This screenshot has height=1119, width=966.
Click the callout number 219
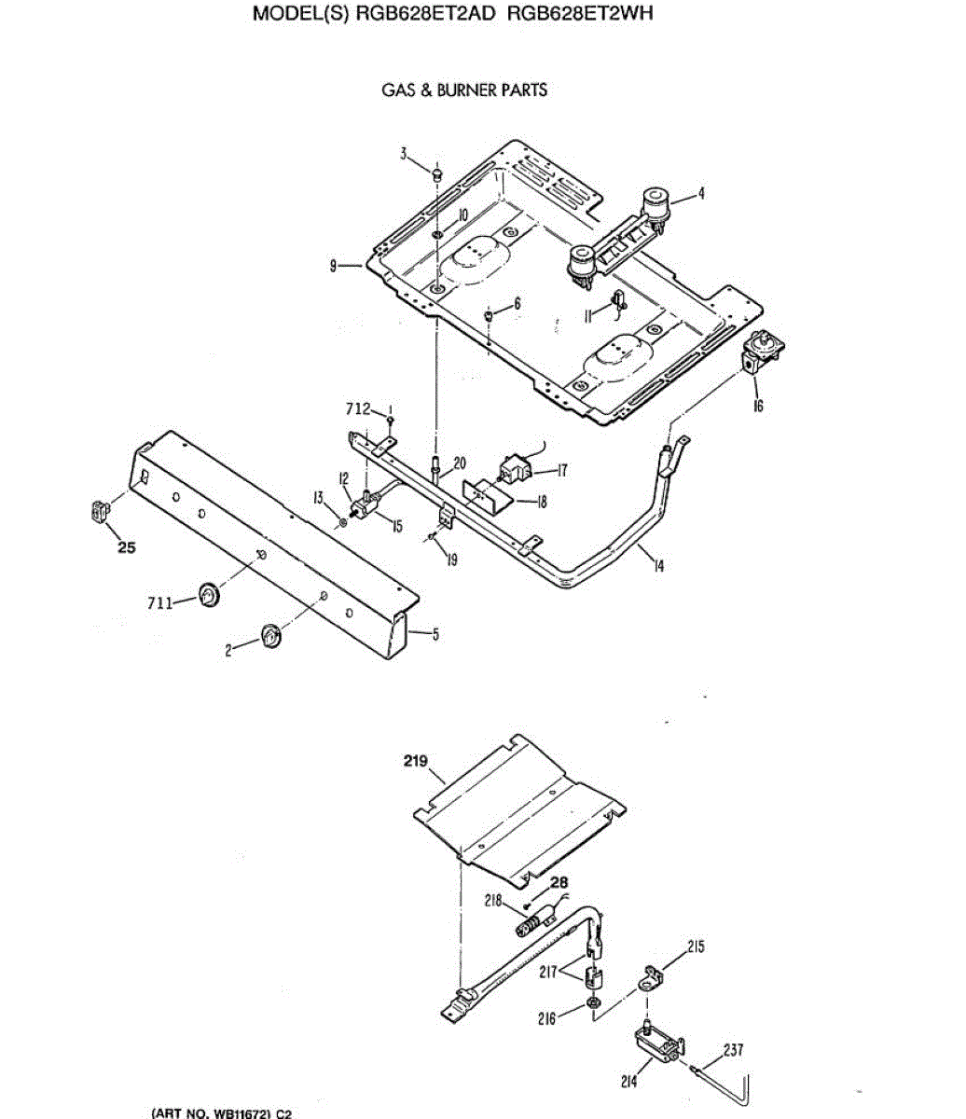click(x=415, y=761)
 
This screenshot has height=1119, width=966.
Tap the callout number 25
click(x=126, y=547)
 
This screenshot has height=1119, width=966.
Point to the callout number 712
click(x=358, y=408)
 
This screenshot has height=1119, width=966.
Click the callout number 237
click(x=734, y=1050)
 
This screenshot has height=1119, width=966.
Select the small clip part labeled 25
click(x=99, y=510)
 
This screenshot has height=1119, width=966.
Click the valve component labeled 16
click(x=761, y=354)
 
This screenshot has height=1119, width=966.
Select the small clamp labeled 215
click(x=649, y=978)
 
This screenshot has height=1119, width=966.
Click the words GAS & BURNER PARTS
click(x=464, y=90)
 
